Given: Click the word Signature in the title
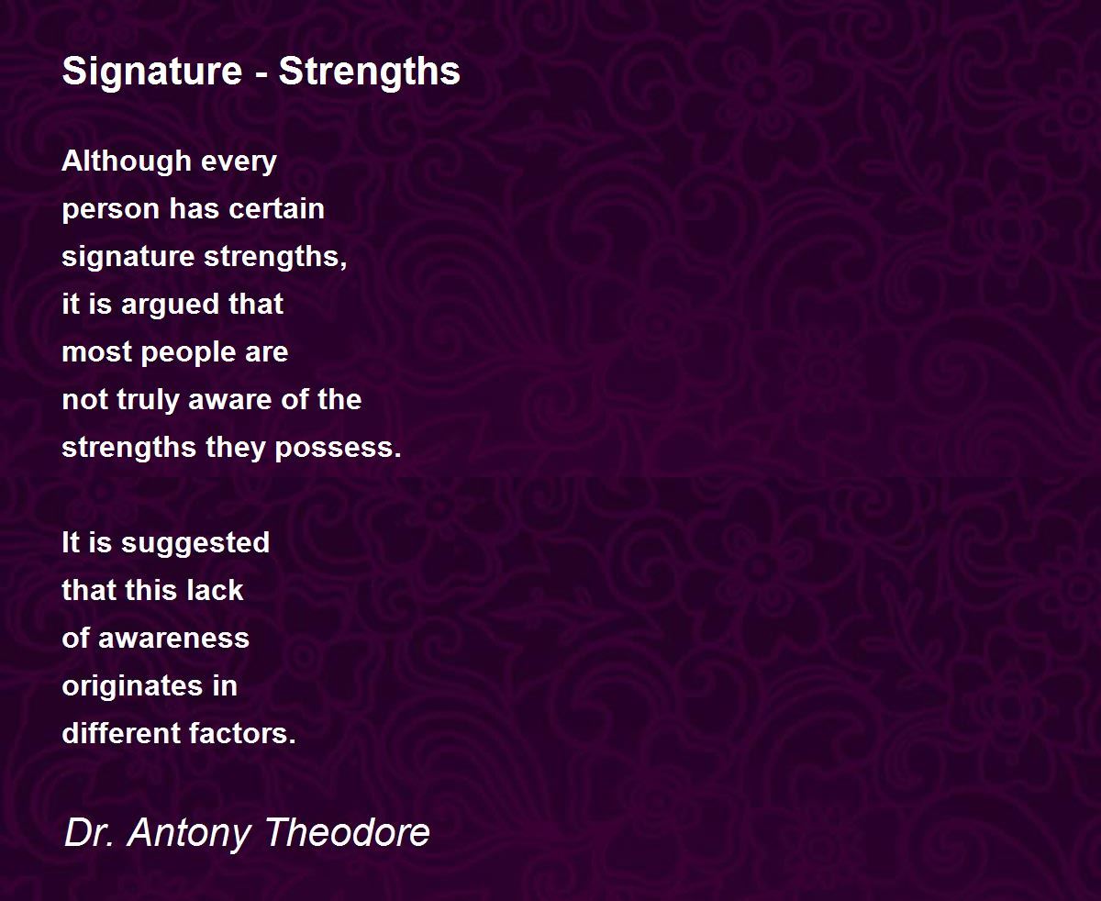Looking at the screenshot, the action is [152, 72].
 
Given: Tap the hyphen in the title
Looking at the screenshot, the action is [260, 73].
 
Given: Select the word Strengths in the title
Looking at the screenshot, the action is [369, 72].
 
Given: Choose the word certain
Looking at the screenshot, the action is [277, 209].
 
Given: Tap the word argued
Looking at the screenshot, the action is [169, 306].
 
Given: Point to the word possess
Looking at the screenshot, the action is [339, 450].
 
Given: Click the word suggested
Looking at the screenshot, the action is [195, 544].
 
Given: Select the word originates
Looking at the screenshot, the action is [132, 687].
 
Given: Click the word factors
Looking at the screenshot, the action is [243, 734].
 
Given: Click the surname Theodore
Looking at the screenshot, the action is [348, 832].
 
